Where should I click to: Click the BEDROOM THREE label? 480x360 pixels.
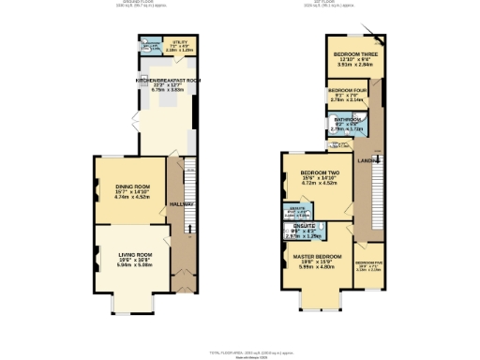[352, 54]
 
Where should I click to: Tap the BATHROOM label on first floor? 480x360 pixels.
[349, 119]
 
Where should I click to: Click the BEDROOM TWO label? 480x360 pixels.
[321, 174]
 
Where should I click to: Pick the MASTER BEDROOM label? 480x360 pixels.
[317, 256]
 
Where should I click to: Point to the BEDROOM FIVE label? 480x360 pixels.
[368, 262]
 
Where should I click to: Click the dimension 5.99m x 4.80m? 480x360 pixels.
[317, 267]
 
